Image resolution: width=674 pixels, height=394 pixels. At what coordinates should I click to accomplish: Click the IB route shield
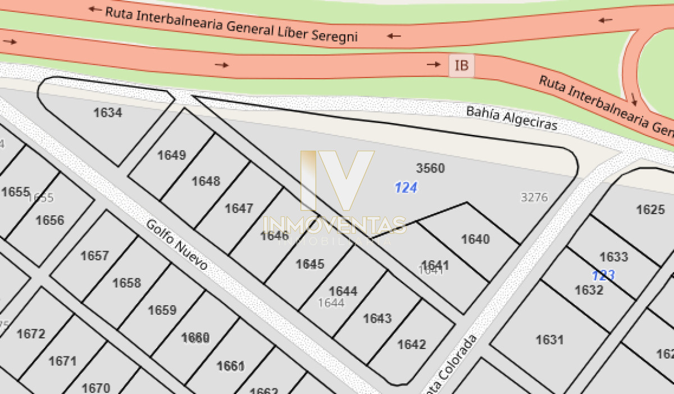pos(461,66)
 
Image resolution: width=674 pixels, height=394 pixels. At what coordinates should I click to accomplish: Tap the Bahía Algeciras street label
pos(512,118)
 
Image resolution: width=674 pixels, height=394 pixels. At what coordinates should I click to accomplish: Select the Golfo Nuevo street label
pos(176,244)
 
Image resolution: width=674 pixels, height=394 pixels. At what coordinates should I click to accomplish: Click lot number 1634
pos(107,112)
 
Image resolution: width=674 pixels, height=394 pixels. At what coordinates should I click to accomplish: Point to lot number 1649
pos(171,155)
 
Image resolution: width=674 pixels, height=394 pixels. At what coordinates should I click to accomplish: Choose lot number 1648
pos(206,181)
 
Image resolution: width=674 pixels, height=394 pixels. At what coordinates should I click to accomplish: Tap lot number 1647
pos(239,209)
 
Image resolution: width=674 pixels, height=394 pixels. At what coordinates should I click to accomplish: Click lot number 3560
pos(430,168)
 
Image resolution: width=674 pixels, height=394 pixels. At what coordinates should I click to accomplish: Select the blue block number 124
pos(406,188)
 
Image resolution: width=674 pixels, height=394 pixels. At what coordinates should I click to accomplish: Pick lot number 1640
pos(475,239)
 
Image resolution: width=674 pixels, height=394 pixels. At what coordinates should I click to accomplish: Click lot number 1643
pos(377,319)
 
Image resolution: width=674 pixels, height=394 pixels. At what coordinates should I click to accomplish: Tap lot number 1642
pos(412,345)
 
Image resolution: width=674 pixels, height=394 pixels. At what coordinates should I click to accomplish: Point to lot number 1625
pos(650,210)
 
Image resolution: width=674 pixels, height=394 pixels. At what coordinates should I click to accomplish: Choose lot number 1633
pos(613,257)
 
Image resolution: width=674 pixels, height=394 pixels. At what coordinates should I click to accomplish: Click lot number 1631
pos(549,339)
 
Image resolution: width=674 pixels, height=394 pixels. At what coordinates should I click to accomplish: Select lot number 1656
pos(50,220)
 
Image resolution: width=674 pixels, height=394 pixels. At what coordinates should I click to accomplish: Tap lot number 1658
pos(126,283)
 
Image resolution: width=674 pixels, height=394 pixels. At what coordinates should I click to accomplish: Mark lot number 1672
pos(31,334)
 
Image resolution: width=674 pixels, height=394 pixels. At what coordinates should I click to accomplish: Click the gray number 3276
pos(534,197)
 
